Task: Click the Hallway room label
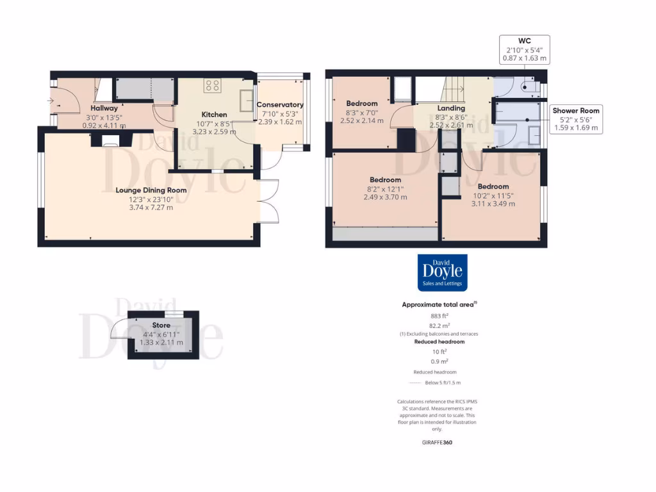(x=104, y=108)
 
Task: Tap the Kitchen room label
(x=215, y=115)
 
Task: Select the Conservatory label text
(x=280, y=105)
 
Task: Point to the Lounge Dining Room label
(x=151, y=190)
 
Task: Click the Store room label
(x=161, y=325)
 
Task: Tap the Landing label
(x=451, y=108)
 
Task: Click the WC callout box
(x=525, y=49)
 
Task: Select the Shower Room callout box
(x=576, y=119)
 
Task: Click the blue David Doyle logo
(x=442, y=273)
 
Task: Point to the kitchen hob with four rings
(x=213, y=86)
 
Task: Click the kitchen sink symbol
(x=247, y=99)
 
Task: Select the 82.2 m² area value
(x=439, y=325)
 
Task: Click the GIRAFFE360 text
(x=438, y=442)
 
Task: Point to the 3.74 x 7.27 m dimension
(x=151, y=208)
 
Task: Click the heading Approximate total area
(x=438, y=305)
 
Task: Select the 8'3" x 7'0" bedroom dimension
(x=362, y=112)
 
